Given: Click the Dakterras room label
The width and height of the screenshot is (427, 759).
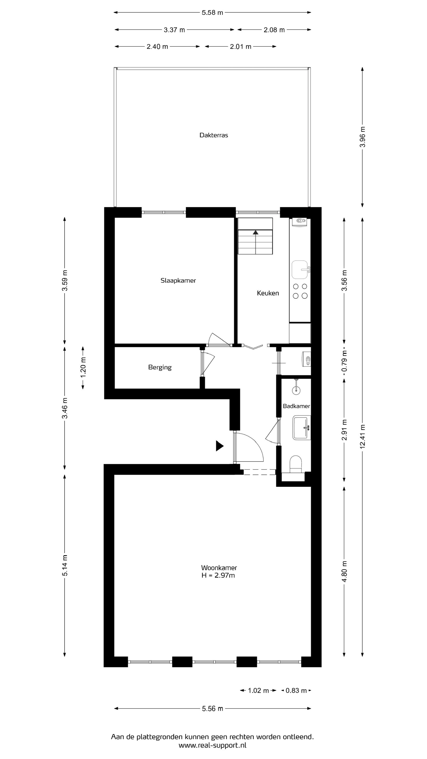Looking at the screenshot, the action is click(x=214, y=135).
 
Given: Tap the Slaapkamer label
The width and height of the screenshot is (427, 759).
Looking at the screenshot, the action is click(x=178, y=281).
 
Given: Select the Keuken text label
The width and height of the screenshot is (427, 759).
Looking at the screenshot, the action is click(x=268, y=293).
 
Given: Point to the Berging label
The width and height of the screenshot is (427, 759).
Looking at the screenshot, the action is click(x=160, y=367).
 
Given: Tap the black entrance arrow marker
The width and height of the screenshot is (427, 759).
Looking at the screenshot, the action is click(x=220, y=446).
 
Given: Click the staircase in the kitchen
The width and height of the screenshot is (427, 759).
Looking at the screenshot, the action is click(x=255, y=236).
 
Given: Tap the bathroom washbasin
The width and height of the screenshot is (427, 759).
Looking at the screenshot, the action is click(x=301, y=428).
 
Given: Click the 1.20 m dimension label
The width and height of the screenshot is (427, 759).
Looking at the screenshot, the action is click(x=83, y=367).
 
